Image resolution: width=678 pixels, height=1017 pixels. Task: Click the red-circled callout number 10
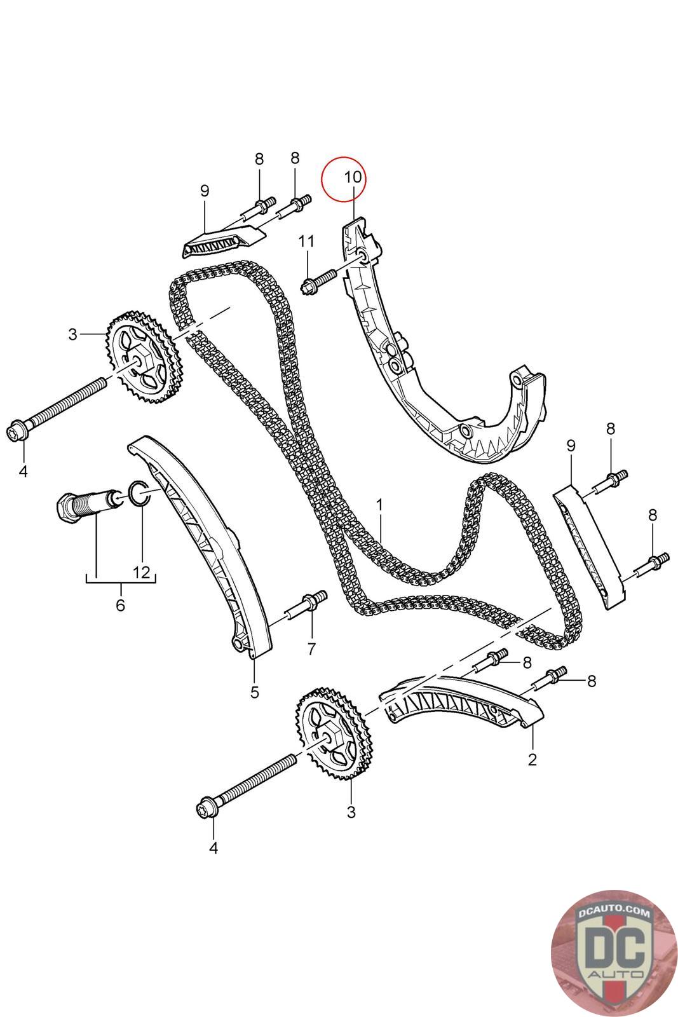(x=353, y=177)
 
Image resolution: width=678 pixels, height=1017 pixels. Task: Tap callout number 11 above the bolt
(x=306, y=242)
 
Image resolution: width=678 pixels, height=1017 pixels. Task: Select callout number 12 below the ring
(x=142, y=571)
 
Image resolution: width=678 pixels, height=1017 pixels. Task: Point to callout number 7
(x=311, y=649)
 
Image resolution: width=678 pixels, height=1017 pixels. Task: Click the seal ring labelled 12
(x=139, y=493)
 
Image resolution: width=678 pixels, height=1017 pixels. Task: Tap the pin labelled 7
(x=308, y=605)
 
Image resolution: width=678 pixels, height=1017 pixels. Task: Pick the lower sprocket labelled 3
(x=330, y=735)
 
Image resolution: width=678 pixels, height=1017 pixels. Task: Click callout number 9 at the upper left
(x=204, y=191)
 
